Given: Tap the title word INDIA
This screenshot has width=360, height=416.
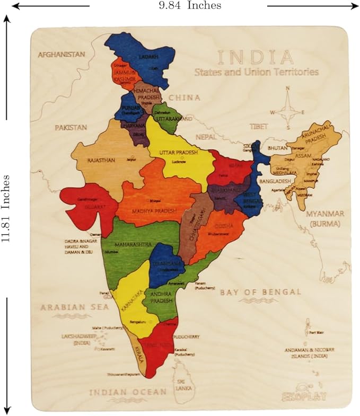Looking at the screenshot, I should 255,57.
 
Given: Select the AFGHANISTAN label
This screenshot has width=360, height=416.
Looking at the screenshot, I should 62,55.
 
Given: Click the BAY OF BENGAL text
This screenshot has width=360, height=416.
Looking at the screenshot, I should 260,292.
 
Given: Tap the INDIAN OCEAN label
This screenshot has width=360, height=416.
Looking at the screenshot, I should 127,392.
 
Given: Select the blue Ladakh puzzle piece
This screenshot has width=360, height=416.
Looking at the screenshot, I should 143,53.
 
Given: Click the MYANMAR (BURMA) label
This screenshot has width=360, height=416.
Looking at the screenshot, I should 325,218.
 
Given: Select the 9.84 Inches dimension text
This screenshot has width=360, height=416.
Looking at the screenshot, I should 190,5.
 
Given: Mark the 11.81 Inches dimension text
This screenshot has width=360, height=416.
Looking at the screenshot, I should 6,208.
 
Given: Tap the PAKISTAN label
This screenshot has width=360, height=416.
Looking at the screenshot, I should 71,128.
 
